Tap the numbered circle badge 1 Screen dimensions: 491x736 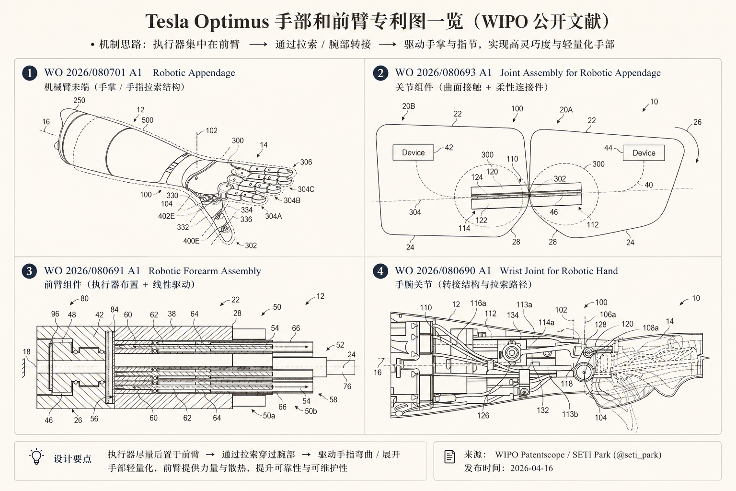pos(29,73)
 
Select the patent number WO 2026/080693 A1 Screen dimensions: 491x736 pos(443,73)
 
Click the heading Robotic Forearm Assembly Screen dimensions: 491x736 pos(205,271)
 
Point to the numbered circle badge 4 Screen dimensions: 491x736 pos(380,271)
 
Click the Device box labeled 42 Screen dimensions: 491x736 pos(413,152)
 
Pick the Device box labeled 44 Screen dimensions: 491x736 pos(644,153)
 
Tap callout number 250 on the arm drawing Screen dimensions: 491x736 pos(79,101)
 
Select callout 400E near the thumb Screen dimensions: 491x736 pos(191,241)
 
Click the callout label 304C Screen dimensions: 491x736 pos(306,189)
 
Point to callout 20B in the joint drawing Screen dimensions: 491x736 pos(408,106)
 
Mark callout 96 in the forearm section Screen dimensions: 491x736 pos(55,314)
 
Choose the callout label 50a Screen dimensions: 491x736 pos(269,416)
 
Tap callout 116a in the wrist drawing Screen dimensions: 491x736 pos(478,303)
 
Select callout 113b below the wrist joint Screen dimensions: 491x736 pos(570,414)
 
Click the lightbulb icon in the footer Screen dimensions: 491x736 pos(36,457)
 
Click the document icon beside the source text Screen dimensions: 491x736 pos(449,457)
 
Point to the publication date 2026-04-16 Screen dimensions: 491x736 pos(531,468)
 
